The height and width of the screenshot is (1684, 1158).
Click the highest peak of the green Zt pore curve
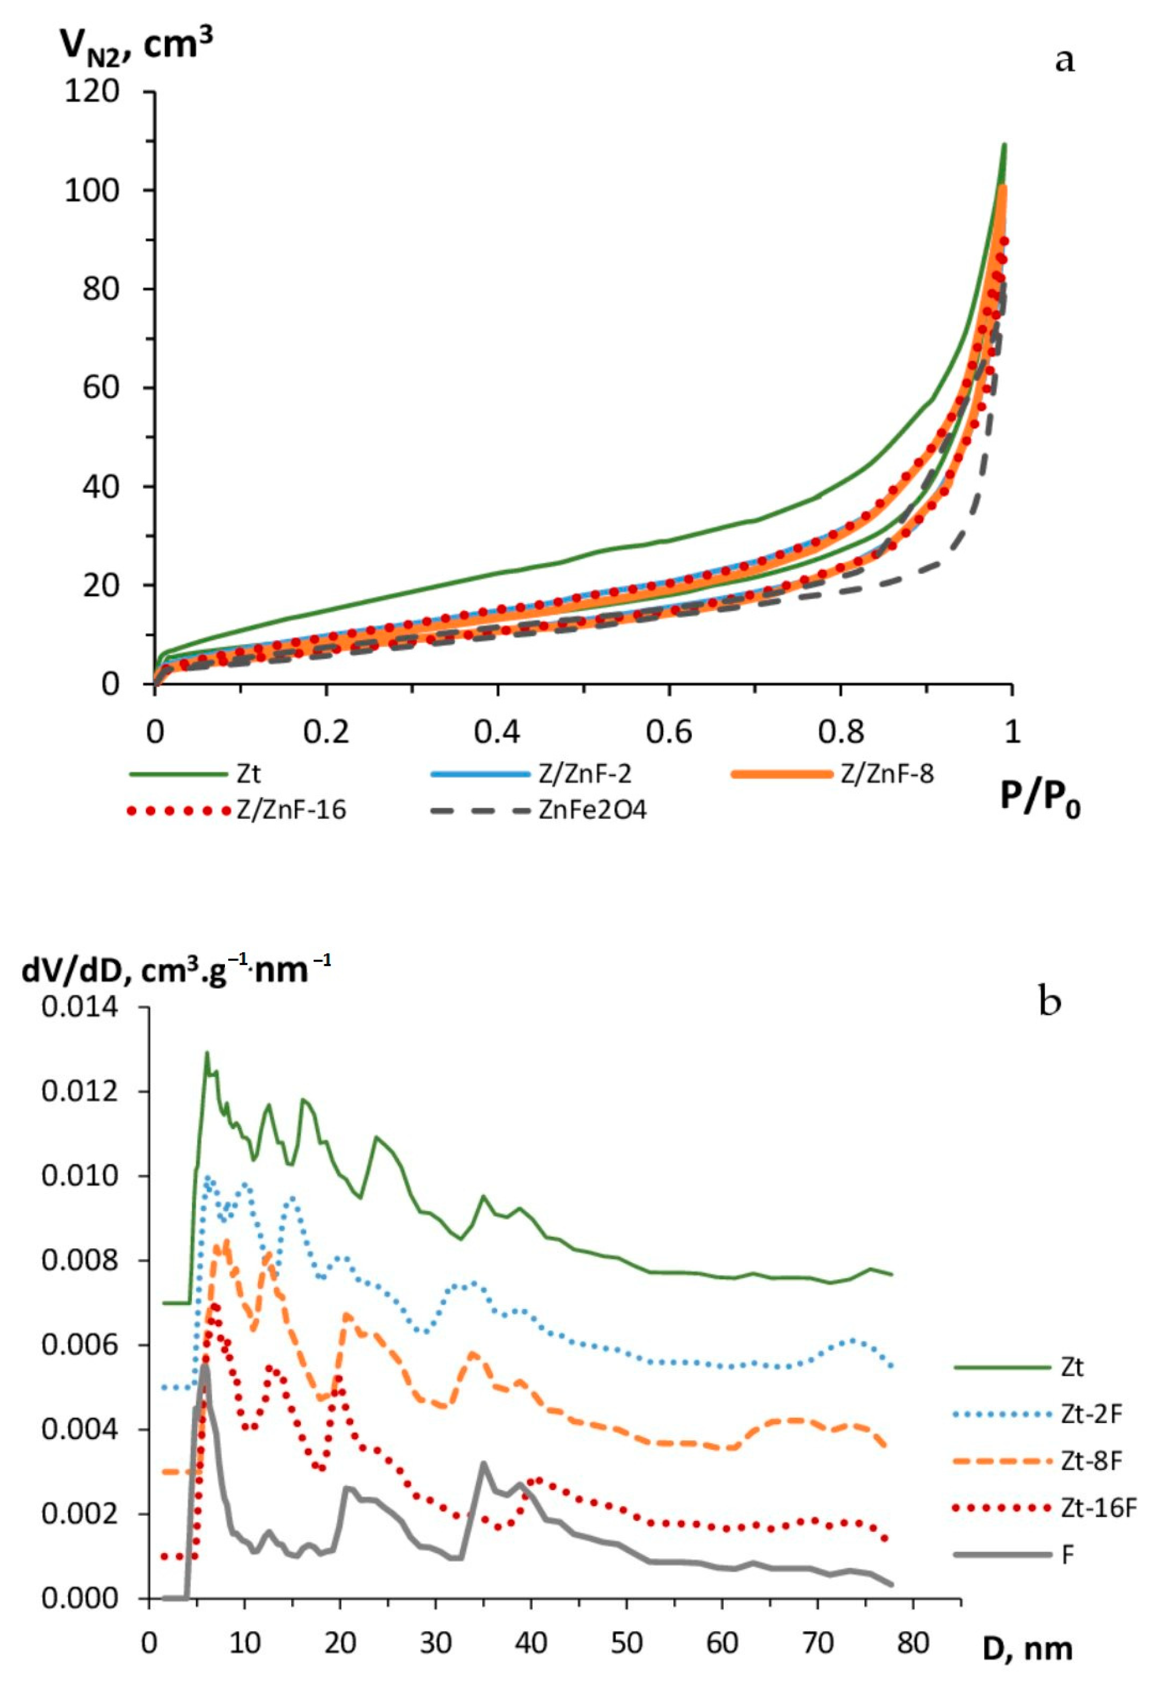pyautogui.click(x=207, y=1052)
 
